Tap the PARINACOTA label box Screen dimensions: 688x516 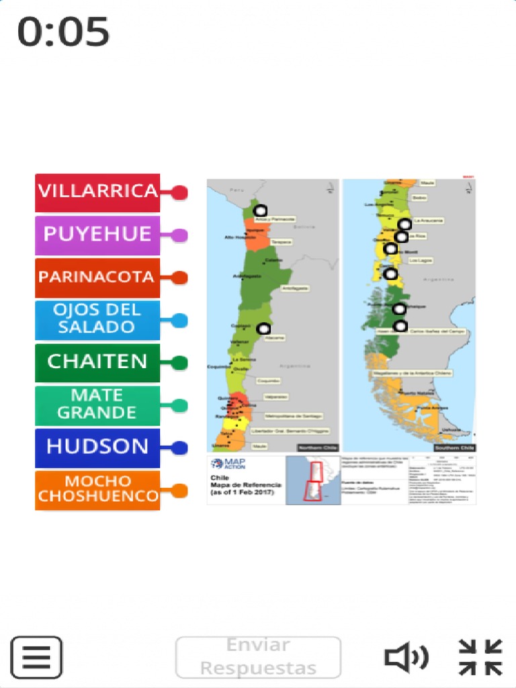tap(97, 277)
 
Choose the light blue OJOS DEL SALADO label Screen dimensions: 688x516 tap(97, 320)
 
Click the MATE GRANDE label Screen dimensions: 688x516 tap(97, 405)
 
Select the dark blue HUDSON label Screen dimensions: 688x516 tap(97, 447)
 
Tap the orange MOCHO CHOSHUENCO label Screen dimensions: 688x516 tap(97, 490)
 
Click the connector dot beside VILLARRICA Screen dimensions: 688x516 tap(179, 193)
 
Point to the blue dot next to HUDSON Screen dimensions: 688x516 tap(179, 447)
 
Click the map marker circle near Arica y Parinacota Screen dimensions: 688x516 tap(261, 210)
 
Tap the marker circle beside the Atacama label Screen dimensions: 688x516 tap(263, 328)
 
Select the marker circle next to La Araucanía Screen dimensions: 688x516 tap(404, 224)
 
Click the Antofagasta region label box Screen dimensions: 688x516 tap(295, 288)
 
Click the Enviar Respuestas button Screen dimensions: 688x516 tap(258, 657)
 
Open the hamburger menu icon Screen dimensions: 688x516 tap(36, 657)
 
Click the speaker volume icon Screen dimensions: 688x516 tap(406, 657)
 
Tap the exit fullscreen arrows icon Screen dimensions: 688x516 tap(480, 657)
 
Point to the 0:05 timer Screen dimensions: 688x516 tap(63, 32)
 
